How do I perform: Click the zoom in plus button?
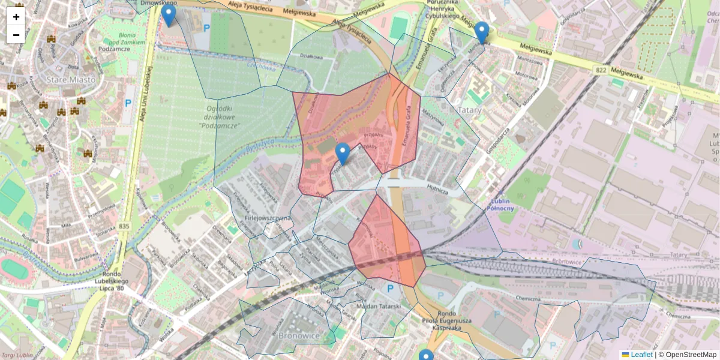pos(16,17)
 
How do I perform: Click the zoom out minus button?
pos(16,35)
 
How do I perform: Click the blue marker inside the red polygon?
pos(343,154)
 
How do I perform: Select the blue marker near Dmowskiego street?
pos(169,16)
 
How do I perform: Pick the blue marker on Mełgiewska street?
pos(481,33)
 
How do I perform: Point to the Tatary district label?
pos(470,110)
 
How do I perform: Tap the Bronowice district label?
pos(299,335)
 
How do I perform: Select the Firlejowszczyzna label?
pos(267,218)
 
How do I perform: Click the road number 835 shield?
pos(124,226)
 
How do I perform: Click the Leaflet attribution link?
pos(641,355)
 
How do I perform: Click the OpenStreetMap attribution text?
pos(691,355)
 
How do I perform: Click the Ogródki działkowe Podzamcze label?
pos(219,117)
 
